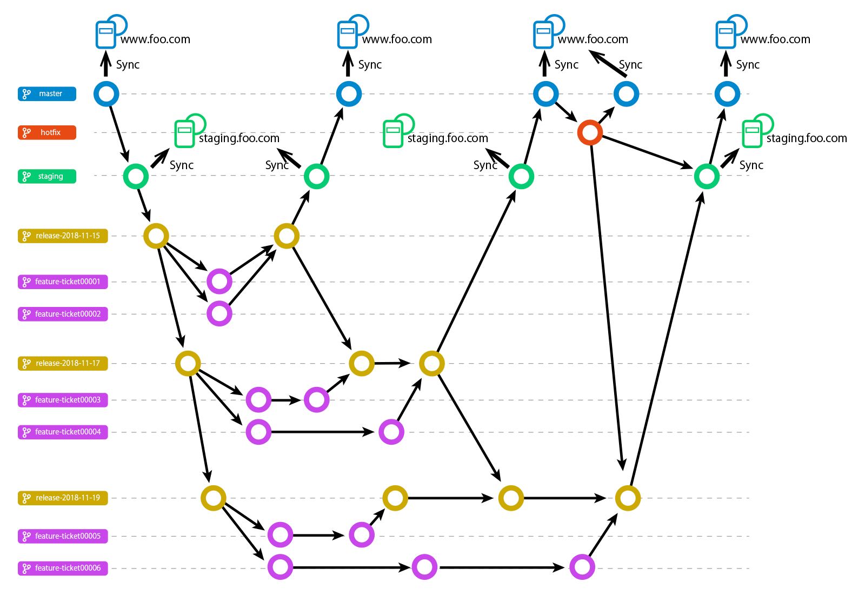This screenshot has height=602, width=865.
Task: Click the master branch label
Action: (x=47, y=94)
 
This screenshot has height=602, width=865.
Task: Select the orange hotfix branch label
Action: (x=47, y=132)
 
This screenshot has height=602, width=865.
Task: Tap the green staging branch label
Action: (x=47, y=177)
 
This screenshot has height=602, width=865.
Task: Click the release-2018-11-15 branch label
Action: (x=63, y=236)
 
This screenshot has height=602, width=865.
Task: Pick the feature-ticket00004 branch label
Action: (x=63, y=432)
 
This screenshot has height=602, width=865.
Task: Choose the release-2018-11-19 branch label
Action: (x=63, y=498)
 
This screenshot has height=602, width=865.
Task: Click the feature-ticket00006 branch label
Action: (x=63, y=568)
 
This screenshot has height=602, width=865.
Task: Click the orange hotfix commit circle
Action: (x=590, y=132)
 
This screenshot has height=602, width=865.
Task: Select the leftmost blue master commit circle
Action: (x=107, y=94)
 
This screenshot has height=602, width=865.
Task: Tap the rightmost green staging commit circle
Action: (x=707, y=177)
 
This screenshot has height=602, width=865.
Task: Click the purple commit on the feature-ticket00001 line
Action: (x=219, y=282)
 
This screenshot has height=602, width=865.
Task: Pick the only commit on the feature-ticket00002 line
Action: (x=219, y=314)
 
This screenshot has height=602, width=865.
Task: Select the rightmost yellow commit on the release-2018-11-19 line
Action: (x=628, y=498)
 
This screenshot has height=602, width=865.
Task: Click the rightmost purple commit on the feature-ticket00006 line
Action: (x=582, y=567)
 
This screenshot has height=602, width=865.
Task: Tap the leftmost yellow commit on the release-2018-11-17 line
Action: (x=188, y=364)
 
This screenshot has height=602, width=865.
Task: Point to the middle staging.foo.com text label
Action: (x=448, y=138)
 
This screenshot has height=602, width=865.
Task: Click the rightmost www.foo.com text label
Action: (x=775, y=39)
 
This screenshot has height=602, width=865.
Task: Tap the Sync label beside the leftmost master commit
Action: (x=128, y=65)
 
